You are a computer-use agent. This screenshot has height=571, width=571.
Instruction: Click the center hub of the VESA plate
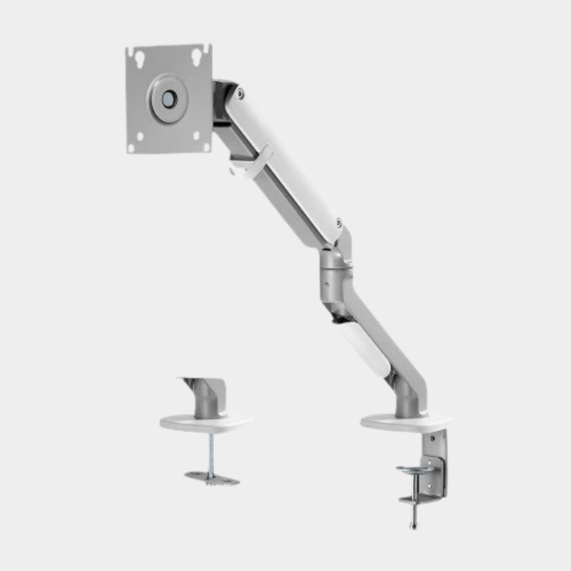[168, 98]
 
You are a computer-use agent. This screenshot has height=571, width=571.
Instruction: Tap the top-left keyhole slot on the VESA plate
[140, 57]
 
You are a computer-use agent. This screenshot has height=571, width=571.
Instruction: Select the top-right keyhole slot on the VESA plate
[197, 55]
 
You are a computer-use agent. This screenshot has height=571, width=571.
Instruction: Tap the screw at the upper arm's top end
[240, 93]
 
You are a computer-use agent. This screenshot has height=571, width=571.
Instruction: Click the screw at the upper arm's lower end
[338, 223]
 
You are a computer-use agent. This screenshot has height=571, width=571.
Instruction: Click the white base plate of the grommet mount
[206, 423]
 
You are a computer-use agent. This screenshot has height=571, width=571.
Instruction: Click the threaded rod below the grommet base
[210, 452]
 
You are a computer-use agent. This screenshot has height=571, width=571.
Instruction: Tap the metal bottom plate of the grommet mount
[212, 477]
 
